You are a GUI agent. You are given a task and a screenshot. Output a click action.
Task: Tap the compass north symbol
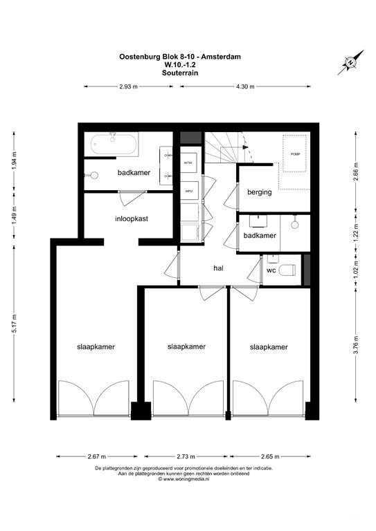(350, 63)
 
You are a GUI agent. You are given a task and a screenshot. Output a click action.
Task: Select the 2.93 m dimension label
(129, 87)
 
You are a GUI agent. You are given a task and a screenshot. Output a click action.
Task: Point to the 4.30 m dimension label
(244, 87)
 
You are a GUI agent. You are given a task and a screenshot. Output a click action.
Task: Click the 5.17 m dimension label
(15, 322)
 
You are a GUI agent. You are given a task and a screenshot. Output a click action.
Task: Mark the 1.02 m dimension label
(356, 268)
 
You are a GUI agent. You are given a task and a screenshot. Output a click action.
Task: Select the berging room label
(260, 192)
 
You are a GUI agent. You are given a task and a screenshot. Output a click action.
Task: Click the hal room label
(218, 268)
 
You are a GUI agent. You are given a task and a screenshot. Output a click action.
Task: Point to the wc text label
(271, 271)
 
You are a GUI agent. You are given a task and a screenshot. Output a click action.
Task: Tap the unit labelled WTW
(188, 162)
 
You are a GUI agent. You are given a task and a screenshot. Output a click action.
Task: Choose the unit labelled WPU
(188, 191)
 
